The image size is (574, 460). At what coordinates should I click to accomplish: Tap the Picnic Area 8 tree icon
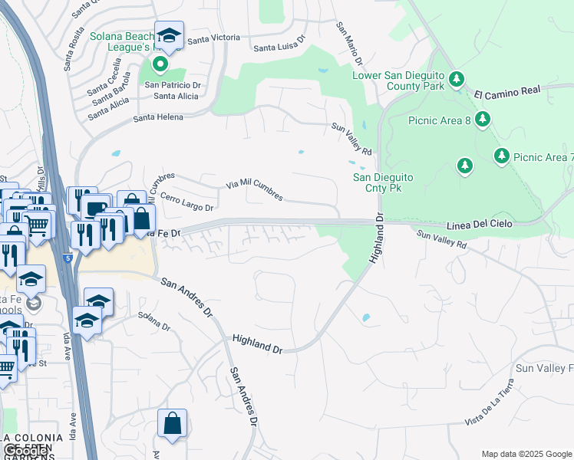click(483, 119)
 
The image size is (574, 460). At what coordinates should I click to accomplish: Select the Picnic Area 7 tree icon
click(502, 156)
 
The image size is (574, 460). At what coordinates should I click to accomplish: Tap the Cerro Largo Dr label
click(186, 202)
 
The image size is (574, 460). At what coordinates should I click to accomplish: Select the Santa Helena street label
click(158, 117)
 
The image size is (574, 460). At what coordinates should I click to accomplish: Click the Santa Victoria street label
click(213, 38)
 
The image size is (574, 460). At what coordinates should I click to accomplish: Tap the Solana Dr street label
click(153, 321)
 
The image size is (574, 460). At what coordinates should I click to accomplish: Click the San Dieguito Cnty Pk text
click(383, 182)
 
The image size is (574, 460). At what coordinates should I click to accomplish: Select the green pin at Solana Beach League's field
click(160, 64)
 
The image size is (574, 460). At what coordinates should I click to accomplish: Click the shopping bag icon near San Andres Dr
click(172, 423)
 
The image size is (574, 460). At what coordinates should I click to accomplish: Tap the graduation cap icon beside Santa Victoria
click(169, 35)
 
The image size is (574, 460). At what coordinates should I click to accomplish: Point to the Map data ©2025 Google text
click(526, 454)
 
